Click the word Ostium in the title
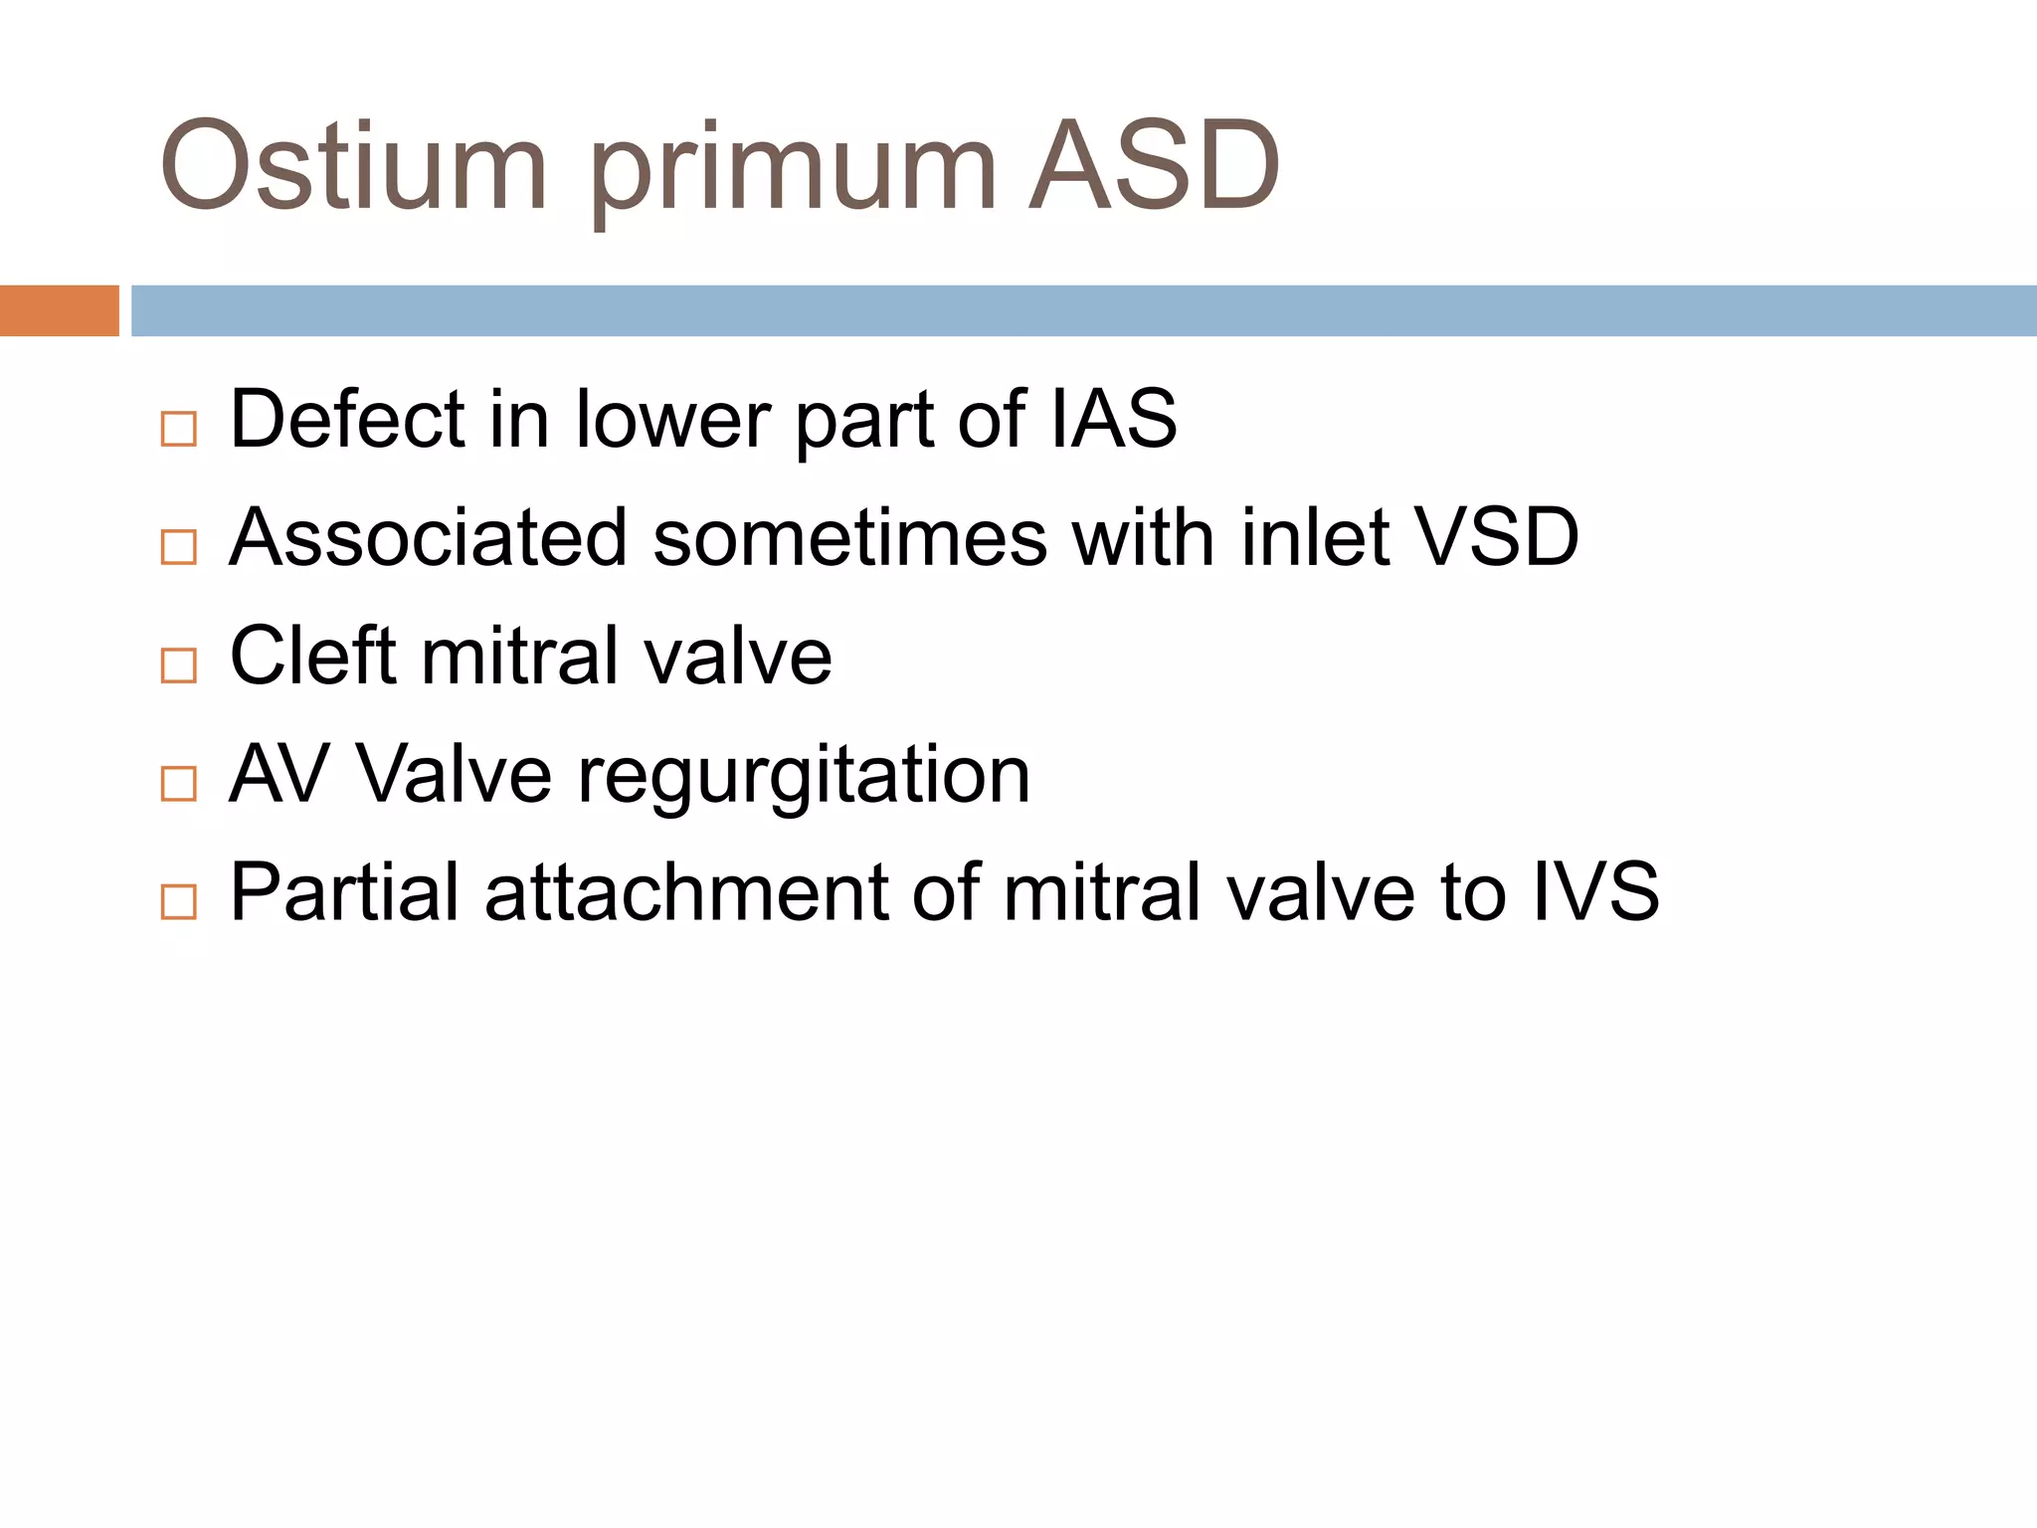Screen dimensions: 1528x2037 (x=353, y=167)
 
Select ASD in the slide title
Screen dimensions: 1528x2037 (x=1154, y=167)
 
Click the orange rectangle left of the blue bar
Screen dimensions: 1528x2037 (x=59, y=310)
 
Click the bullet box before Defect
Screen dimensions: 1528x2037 (x=179, y=429)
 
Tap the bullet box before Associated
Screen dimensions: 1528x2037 (x=179, y=547)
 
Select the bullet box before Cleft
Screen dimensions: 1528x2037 (x=179, y=665)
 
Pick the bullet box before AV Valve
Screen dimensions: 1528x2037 (x=179, y=783)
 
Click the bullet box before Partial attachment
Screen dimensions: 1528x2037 (x=179, y=901)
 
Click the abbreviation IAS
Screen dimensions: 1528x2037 (x=1113, y=420)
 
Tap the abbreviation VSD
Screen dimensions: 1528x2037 (x=1497, y=538)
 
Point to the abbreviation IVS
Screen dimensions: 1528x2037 (x=1595, y=892)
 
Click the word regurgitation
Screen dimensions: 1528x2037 (x=804, y=775)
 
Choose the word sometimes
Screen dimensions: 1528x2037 (x=849, y=538)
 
